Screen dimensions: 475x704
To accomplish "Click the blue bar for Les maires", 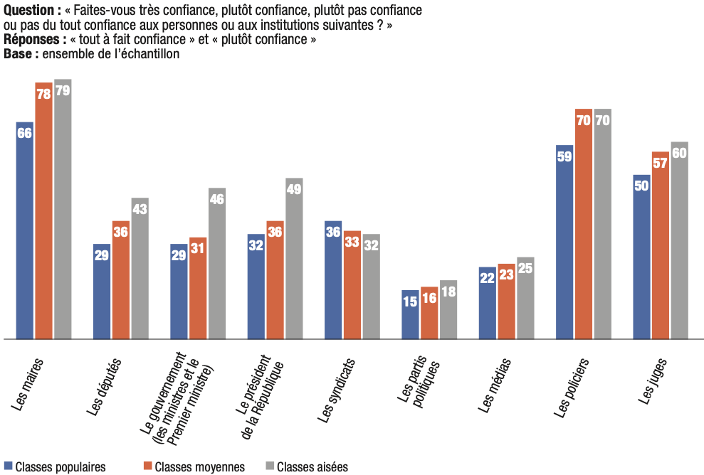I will [x=24, y=230].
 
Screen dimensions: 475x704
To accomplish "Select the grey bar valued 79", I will [x=63, y=209].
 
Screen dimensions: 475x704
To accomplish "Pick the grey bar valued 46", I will [x=217, y=263].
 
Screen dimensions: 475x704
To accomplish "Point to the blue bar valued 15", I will [x=410, y=314].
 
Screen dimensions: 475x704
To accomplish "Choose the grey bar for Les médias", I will [x=525, y=298].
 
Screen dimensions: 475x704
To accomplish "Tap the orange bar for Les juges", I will [x=661, y=245].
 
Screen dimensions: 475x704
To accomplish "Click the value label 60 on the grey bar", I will [x=679, y=153].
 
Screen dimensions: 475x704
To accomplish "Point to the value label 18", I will [x=448, y=292].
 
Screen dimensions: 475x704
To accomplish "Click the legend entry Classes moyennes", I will [x=194, y=467].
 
